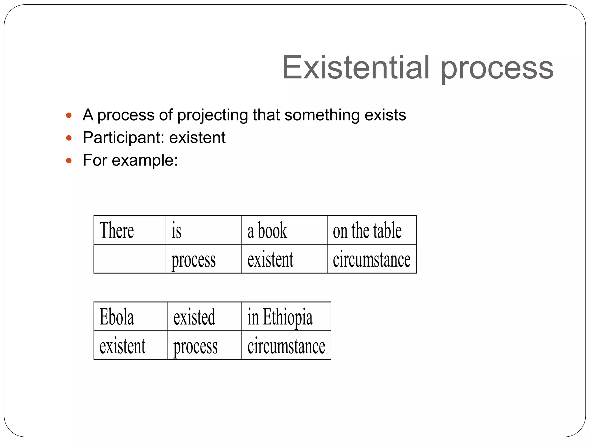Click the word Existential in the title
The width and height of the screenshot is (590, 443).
[356, 67]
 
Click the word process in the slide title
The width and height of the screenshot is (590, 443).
[497, 69]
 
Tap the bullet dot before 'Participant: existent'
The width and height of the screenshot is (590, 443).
[69, 138]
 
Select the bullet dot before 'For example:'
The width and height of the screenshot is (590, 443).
[69, 161]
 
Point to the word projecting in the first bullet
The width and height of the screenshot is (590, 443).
[212, 115]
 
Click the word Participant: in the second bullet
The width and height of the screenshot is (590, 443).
[123, 138]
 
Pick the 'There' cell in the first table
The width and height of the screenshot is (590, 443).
[130, 230]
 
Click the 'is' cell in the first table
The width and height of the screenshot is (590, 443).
[203, 230]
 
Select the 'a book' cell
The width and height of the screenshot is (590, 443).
[284, 230]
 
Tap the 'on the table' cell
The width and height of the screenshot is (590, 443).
[371, 230]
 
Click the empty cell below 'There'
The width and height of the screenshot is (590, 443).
[130, 259]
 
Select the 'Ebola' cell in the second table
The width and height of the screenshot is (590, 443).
[131, 317]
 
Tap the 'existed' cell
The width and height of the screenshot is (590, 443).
[204, 317]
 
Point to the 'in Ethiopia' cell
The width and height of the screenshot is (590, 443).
[286, 317]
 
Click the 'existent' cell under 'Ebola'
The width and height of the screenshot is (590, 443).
[131, 346]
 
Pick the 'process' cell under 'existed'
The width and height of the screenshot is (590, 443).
[204, 346]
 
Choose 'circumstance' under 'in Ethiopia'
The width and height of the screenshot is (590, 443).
[286, 346]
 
